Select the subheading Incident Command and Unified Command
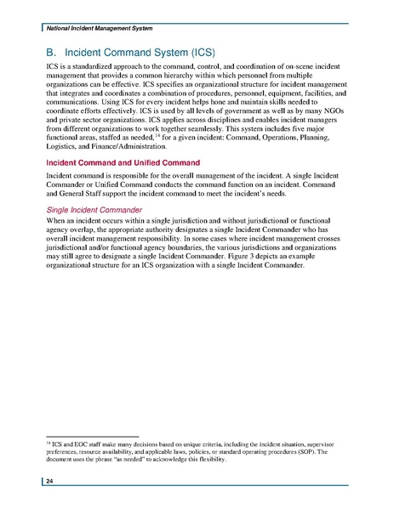(x=116, y=161)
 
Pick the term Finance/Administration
(x=118, y=145)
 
